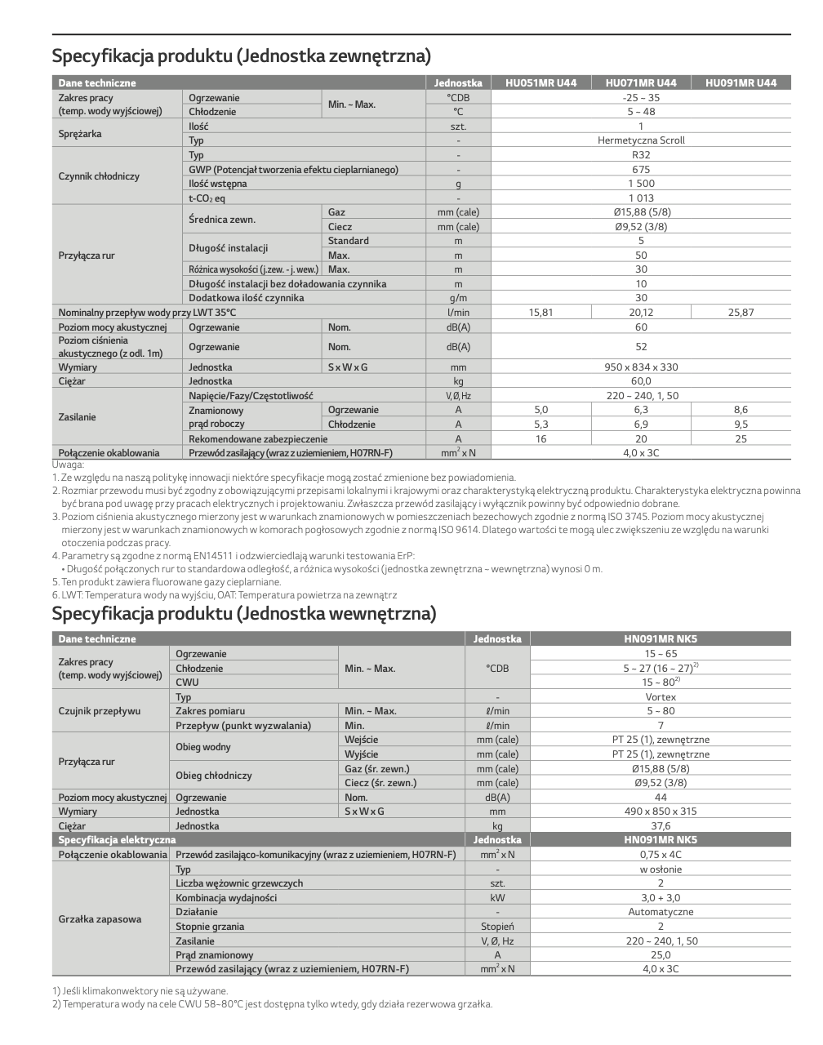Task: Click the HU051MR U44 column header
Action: [541, 82]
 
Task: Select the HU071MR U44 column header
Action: [641, 82]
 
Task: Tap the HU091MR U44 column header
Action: [741, 82]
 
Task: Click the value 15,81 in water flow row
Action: [541, 313]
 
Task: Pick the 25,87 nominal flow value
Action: [741, 313]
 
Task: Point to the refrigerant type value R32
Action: [641, 155]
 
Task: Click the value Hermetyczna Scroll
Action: [641, 140]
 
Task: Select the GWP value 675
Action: [641, 170]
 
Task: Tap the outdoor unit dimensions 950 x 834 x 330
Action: [641, 367]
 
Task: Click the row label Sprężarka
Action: [80, 133]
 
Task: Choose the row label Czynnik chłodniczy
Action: [99, 176]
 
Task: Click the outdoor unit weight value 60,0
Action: [641, 381]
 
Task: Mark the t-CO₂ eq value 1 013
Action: [641, 198]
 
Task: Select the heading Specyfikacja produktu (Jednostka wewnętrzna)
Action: [244, 614]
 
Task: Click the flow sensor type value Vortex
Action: [661, 697]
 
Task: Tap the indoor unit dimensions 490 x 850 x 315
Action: [661, 812]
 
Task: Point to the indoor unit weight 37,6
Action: [661, 826]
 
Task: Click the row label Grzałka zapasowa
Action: [100, 919]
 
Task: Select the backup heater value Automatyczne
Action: [661, 912]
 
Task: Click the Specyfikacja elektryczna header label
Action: [117, 840]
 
